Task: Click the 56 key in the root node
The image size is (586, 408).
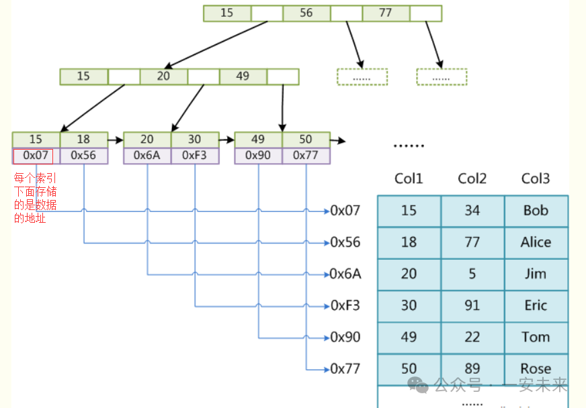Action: coord(306,13)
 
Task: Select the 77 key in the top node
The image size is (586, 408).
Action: coord(386,13)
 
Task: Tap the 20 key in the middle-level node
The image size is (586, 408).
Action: coord(164,76)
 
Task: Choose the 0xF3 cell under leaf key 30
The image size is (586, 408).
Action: coord(194,156)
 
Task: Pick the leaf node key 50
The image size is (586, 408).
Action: coord(306,140)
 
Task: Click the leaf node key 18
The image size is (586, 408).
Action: coord(83,140)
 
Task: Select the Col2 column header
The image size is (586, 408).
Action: coord(472,178)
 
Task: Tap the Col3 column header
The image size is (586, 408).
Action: coord(536,178)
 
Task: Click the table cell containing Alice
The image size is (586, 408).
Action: coord(536,242)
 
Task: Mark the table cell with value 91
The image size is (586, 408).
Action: coord(472,305)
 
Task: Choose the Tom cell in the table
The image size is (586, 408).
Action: coord(536,337)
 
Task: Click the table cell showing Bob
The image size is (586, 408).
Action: coord(536,211)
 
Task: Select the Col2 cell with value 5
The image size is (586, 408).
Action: coord(472,274)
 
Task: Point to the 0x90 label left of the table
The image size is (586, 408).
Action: coord(345,337)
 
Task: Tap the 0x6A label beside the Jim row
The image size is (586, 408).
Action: coord(345,274)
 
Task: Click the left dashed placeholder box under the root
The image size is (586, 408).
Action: coord(362,77)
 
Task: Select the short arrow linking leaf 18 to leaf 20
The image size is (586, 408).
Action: coord(116,140)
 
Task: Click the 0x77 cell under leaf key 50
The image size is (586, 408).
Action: coord(306,156)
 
